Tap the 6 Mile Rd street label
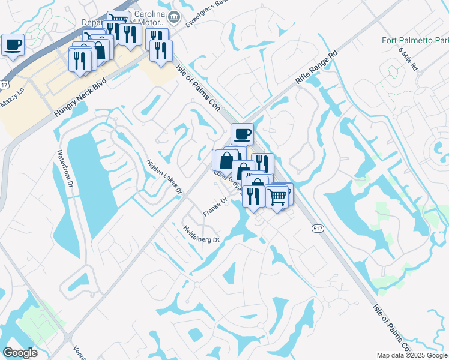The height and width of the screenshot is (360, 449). click(x=408, y=59)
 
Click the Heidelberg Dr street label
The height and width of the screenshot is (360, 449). click(x=201, y=232)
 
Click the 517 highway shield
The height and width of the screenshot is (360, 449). click(x=318, y=228)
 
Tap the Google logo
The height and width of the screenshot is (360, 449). click(x=20, y=352)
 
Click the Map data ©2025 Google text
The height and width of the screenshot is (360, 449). click(x=412, y=355)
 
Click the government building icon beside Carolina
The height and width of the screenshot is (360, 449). click(x=174, y=16)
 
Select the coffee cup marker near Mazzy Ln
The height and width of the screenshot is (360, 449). click(x=12, y=44)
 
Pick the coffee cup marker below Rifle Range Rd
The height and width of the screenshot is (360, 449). click(x=242, y=134)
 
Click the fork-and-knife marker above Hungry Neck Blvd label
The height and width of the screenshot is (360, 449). click(x=79, y=60)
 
